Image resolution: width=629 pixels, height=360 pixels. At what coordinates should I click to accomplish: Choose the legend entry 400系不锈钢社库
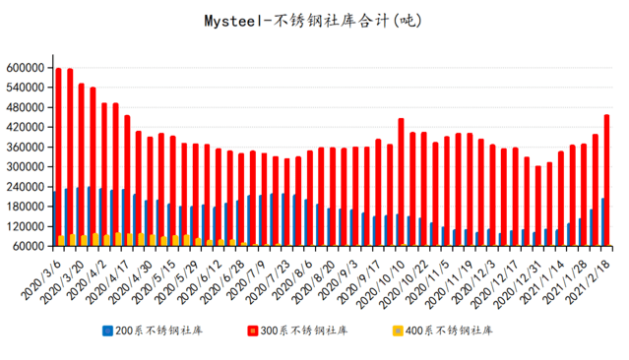tap(449, 330)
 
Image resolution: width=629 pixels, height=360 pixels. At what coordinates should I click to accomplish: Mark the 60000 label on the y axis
tap(31, 246)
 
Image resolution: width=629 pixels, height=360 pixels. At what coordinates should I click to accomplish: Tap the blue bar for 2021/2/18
tap(602, 221)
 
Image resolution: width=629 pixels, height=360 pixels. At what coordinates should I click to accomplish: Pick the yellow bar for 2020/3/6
tap(61, 241)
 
